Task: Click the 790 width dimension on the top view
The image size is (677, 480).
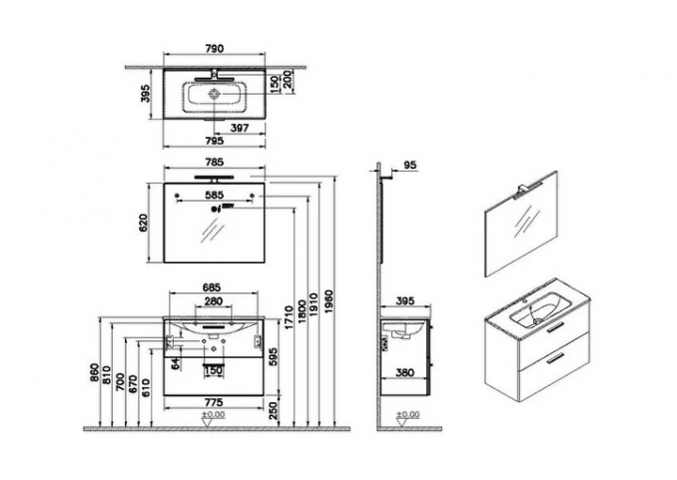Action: [x=214, y=48]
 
